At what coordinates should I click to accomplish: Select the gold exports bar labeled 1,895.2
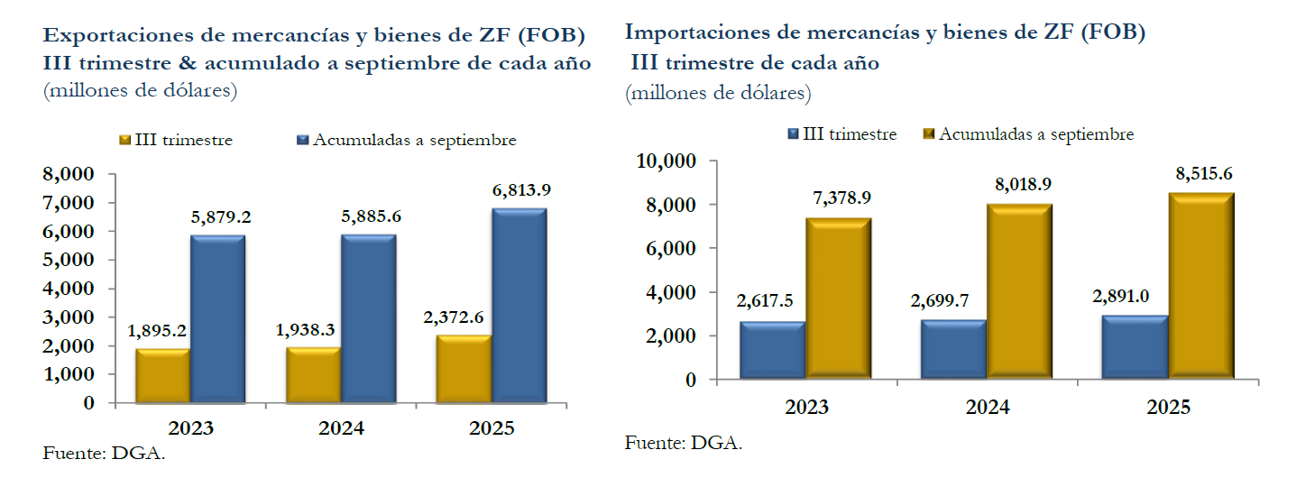[163, 376]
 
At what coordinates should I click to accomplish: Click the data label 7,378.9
[841, 198]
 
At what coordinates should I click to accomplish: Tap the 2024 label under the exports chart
[341, 427]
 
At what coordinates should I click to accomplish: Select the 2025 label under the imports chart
[1168, 408]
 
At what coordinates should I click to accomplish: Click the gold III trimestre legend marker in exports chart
[126, 141]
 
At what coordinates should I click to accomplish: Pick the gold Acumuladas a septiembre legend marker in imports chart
[929, 134]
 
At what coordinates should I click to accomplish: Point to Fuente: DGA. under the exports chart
[104, 453]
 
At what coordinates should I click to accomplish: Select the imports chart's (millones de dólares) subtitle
[718, 93]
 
